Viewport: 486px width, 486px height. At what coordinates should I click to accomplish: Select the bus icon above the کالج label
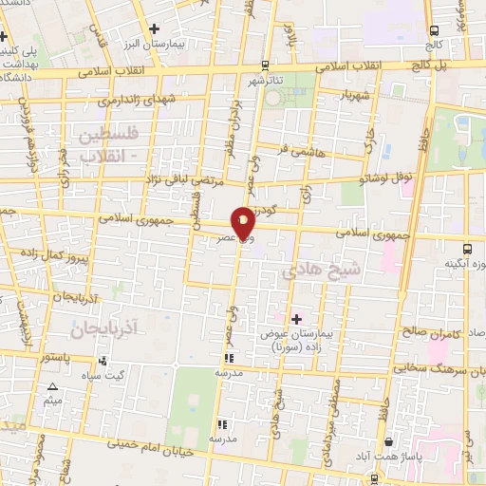(434, 29)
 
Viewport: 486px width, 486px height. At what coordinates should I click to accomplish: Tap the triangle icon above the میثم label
(53, 386)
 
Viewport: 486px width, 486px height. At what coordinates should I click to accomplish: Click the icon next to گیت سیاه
(103, 362)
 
